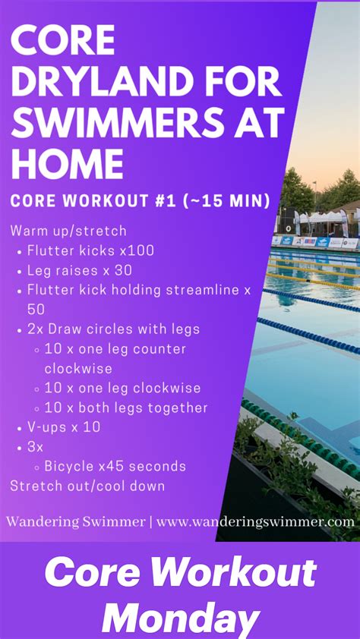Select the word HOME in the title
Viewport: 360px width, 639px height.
point(68,162)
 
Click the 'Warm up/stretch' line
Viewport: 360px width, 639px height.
point(68,230)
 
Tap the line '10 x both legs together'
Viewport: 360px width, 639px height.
point(125,408)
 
